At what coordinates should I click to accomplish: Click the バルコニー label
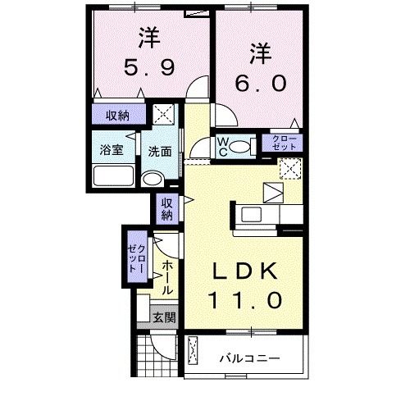tap(251, 358)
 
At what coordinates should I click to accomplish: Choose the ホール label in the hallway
tap(166, 277)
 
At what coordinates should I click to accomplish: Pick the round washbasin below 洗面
tap(152, 179)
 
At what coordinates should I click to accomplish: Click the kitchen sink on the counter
tap(251, 216)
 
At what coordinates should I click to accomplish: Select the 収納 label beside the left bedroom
tap(117, 115)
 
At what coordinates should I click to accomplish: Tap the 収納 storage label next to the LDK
tap(166, 209)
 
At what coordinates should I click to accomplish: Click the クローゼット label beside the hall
tap(136, 257)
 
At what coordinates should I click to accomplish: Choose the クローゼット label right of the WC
tap(281, 143)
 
